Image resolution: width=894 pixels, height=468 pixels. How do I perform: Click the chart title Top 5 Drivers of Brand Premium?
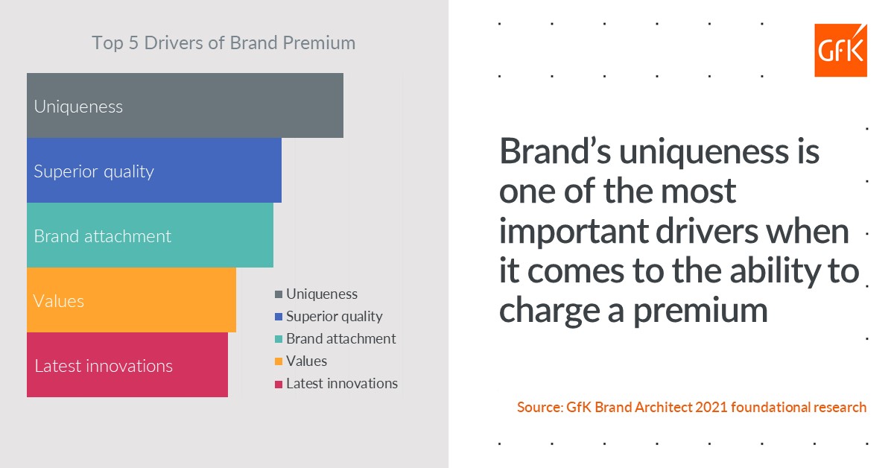[223, 42]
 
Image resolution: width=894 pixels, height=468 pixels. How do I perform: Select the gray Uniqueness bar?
[185, 105]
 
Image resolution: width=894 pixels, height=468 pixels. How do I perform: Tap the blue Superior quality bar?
[154, 170]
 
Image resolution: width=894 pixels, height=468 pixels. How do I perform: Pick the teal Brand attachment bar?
[150, 235]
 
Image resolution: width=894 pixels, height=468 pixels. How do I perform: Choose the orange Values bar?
[131, 300]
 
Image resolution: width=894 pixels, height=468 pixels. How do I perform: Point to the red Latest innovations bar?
[127, 364]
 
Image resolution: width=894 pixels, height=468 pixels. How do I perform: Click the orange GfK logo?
[840, 50]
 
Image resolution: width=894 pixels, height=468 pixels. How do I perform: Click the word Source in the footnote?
[538, 408]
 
